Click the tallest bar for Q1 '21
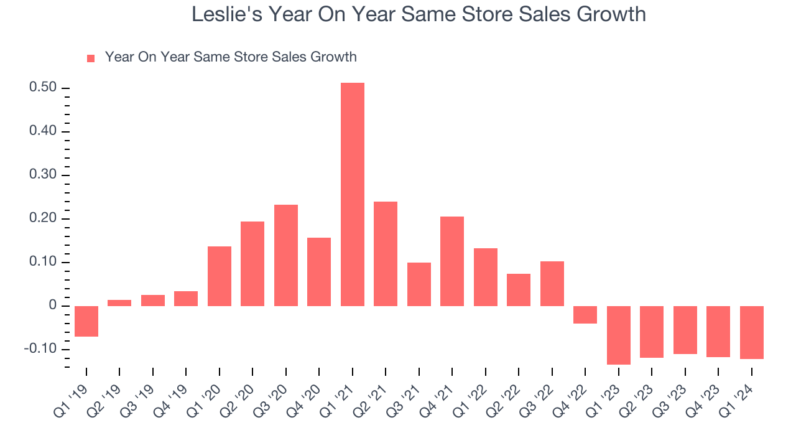click(x=352, y=194)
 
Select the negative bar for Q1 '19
click(x=86, y=321)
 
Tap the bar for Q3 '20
click(x=285, y=255)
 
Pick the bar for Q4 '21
click(x=452, y=261)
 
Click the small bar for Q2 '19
click(x=119, y=303)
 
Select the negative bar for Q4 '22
click(x=585, y=315)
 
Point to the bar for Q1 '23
click(x=618, y=335)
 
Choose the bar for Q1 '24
click(x=751, y=332)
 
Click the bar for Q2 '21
click(x=386, y=254)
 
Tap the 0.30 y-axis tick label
click(x=43, y=175)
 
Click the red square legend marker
click(x=91, y=58)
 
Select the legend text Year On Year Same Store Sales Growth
click(x=231, y=57)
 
